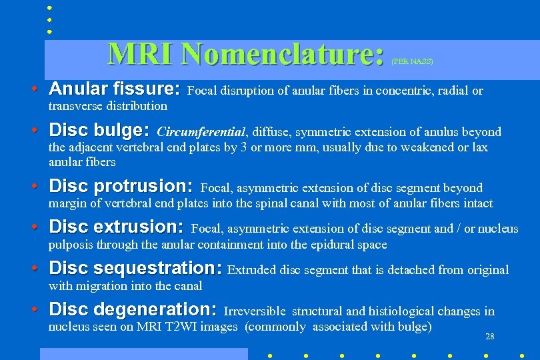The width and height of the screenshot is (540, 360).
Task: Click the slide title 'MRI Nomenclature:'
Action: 245,54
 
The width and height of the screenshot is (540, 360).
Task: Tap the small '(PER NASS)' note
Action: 412,61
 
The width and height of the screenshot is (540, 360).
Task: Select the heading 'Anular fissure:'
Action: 114,89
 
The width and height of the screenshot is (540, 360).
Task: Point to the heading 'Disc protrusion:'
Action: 121,185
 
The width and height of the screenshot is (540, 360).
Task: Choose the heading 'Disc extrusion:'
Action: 116,227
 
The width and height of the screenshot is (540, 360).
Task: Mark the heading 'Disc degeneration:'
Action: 133,309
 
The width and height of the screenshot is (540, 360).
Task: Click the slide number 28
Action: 490,337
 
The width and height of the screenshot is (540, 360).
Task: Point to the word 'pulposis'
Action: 71,245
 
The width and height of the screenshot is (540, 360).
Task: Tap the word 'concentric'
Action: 393,91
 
